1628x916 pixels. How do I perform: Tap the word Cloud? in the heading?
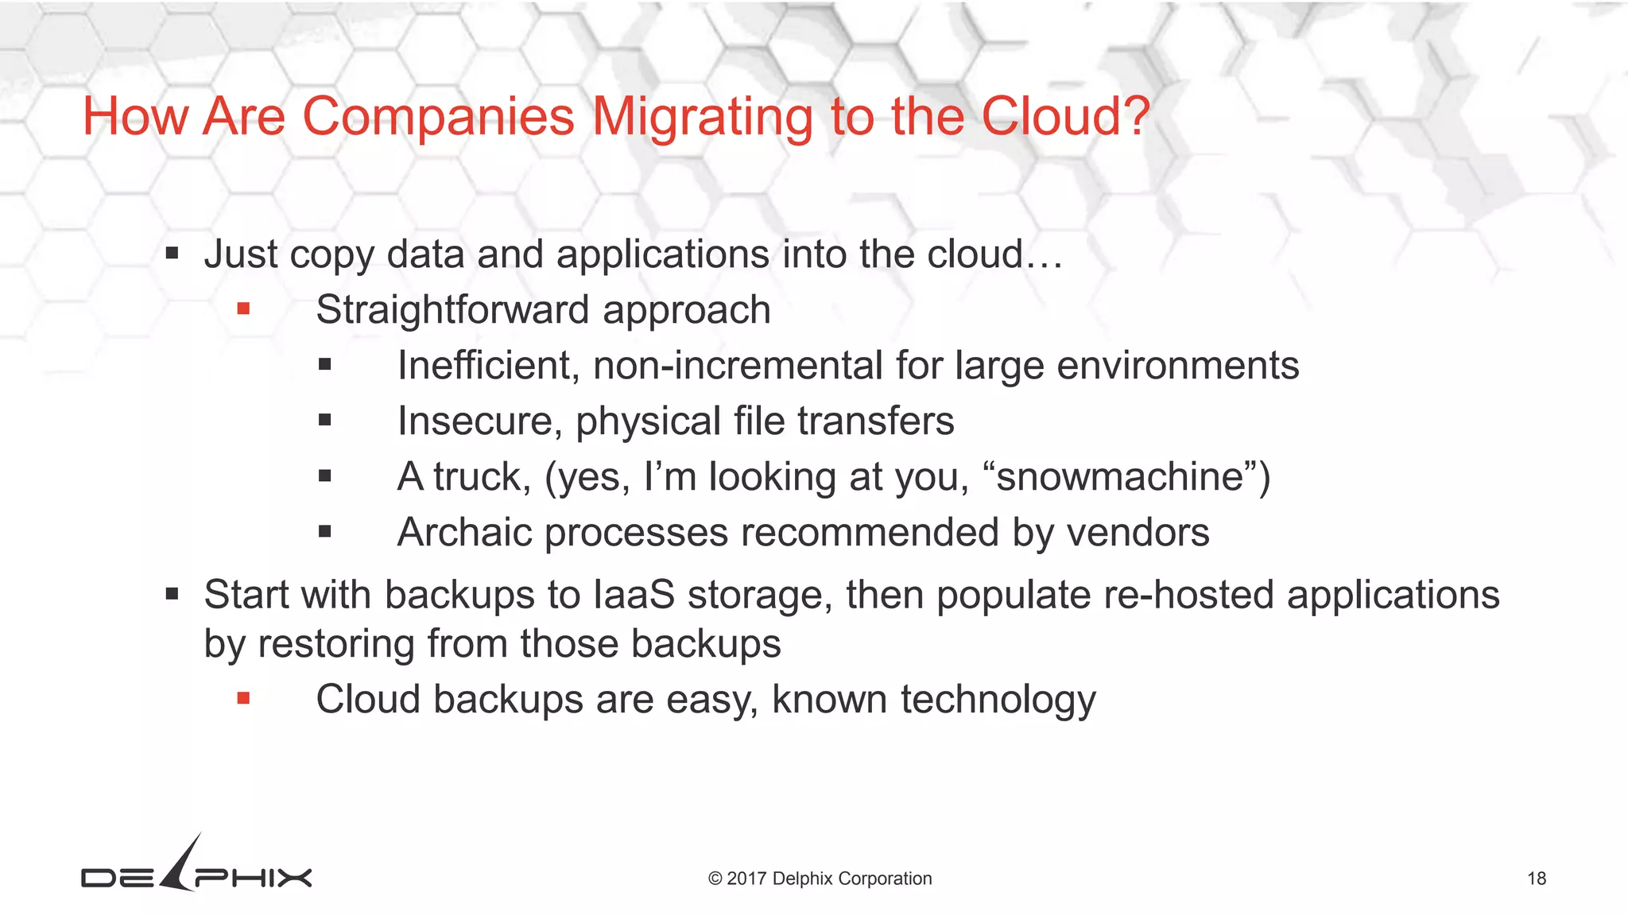1065,117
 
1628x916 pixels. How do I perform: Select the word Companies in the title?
438,117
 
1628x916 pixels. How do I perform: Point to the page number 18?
1536,879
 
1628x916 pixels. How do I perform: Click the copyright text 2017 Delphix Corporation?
820,879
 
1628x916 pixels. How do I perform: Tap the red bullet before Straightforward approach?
243,309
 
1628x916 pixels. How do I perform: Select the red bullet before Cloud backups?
243,698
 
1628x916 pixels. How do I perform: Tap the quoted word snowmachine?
1119,476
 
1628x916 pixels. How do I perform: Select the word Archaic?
464,532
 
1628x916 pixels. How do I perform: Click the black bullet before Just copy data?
172,254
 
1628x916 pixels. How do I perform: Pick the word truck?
481,476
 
